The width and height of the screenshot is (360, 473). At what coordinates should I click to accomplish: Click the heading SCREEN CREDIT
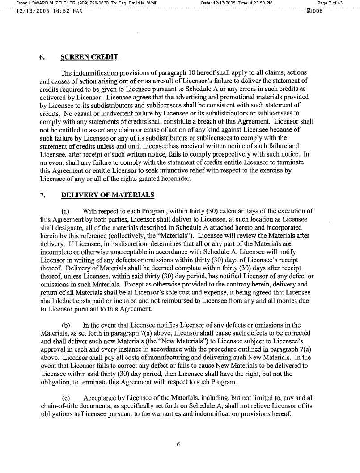coord(89,57)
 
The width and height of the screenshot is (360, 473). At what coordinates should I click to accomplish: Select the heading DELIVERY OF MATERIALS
coord(107,195)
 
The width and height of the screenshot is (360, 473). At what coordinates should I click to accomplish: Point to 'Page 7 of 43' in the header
coord(330,3)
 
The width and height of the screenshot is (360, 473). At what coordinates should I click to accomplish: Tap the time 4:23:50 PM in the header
coord(258,3)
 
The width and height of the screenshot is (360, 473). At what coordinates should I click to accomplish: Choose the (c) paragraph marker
coord(65,397)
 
